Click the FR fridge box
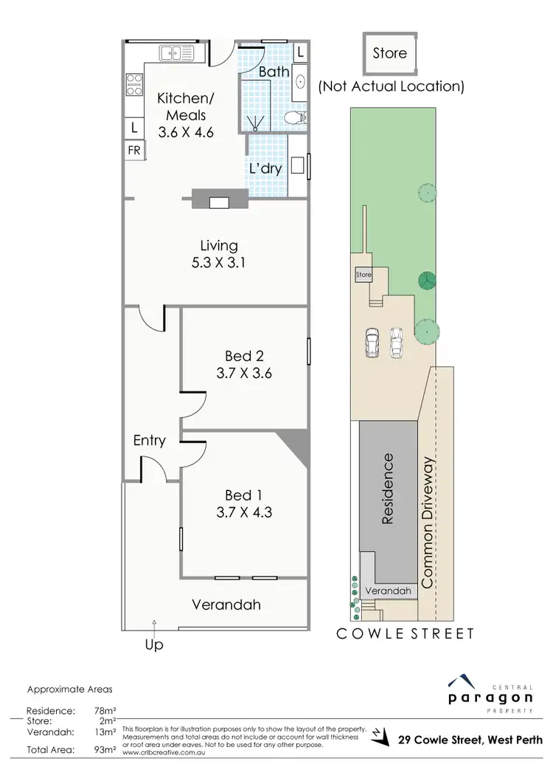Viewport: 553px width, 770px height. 134,150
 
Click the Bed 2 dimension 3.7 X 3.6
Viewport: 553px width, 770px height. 244,374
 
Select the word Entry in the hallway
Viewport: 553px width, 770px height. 149,441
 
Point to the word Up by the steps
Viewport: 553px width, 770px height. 153,644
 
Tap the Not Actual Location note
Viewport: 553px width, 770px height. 391,86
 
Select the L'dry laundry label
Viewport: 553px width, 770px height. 265,168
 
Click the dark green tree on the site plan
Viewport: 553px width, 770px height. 425,280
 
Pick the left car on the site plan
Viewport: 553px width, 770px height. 372,342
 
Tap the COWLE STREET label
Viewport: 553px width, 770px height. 405,633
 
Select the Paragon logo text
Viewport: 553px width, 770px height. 490,697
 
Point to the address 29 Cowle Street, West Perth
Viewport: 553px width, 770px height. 470,739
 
